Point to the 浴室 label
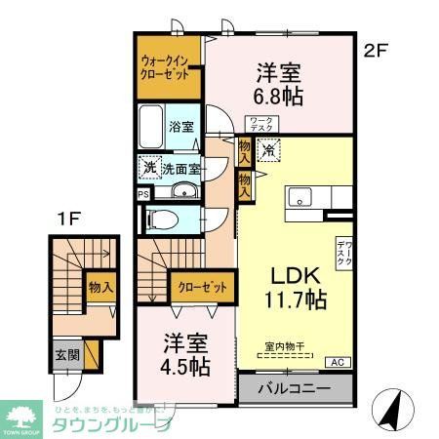[x=181, y=127]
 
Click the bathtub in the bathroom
[x=151, y=127]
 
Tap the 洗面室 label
[x=182, y=168]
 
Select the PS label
[x=143, y=193]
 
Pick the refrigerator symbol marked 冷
[x=269, y=151]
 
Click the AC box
[x=338, y=363]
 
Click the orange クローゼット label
[x=202, y=287]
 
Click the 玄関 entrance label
[x=61, y=356]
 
